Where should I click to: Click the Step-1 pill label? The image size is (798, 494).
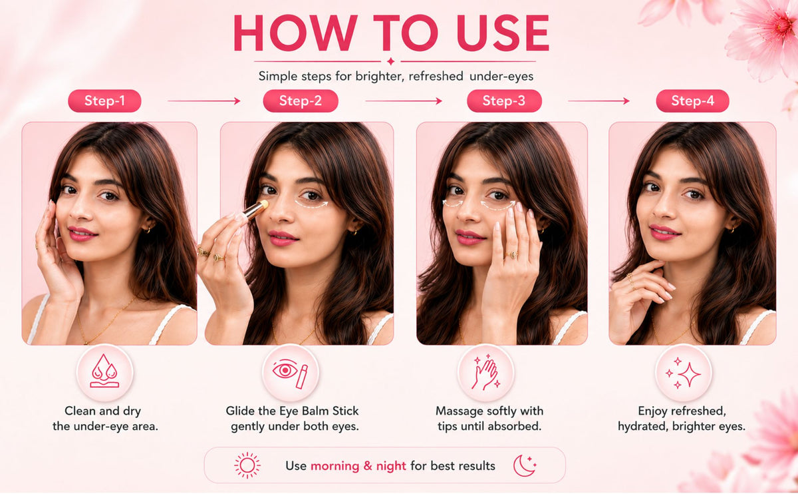pyautogui.click(x=104, y=101)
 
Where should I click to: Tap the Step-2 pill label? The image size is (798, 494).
pyautogui.click(x=301, y=101)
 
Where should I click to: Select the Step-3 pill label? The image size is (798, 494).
pyautogui.click(x=504, y=101)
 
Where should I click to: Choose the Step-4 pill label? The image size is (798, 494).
pyautogui.click(x=692, y=101)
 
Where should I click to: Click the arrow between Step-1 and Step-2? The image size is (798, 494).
pyautogui.click(x=204, y=101)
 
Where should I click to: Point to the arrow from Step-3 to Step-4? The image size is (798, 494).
pyautogui.click(x=598, y=101)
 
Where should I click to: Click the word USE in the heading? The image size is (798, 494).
pyautogui.click(x=502, y=33)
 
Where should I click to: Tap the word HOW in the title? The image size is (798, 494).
pyautogui.click(x=296, y=33)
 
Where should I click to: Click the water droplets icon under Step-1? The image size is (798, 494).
pyautogui.click(x=105, y=371)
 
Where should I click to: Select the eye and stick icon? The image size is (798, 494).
pyautogui.click(x=290, y=373)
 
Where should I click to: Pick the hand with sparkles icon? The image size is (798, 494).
pyautogui.click(x=486, y=372)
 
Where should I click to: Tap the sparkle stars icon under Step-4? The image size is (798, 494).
pyautogui.click(x=683, y=373)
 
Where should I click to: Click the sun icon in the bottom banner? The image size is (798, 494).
pyautogui.click(x=247, y=465)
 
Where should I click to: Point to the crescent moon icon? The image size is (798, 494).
pyautogui.click(x=525, y=465)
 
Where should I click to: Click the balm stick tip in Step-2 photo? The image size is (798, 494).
pyautogui.click(x=264, y=204)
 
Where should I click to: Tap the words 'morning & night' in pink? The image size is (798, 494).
pyautogui.click(x=358, y=466)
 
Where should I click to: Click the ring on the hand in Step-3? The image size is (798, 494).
pyautogui.click(x=512, y=255)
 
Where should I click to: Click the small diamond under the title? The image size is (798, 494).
pyautogui.click(x=391, y=61)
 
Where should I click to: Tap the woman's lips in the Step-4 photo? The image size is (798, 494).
pyautogui.click(x=664, y=232)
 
